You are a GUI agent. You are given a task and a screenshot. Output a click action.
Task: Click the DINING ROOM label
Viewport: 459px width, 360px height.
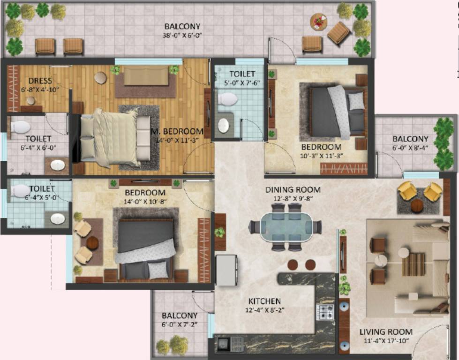click(293, 190)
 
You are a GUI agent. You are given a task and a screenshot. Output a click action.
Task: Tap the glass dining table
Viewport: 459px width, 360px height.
click(286, 227)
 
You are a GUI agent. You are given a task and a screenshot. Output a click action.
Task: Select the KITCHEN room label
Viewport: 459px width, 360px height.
click(265, 301)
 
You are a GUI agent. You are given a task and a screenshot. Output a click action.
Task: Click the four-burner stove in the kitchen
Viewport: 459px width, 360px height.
click(325, 312)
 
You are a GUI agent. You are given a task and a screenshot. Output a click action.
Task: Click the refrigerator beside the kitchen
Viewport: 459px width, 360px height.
click(226, 270)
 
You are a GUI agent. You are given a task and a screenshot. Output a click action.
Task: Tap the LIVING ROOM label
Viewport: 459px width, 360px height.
click(386, 332)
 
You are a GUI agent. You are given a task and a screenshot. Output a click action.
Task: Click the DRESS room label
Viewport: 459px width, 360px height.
click(40, 81)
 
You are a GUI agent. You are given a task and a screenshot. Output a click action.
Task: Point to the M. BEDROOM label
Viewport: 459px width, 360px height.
click(177, 131)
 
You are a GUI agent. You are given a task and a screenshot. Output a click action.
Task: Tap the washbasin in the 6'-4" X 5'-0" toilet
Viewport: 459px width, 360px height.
click(58, 219)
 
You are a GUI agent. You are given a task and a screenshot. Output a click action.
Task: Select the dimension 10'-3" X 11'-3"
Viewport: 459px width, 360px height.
click(322, 155)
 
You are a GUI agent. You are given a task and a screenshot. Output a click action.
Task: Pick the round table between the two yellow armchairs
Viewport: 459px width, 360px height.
click(417, 205)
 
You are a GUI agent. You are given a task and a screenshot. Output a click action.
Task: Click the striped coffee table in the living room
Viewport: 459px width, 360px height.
click(413, 264)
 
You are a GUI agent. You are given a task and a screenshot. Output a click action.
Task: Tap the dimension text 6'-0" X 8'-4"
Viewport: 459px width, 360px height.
click(411, 148)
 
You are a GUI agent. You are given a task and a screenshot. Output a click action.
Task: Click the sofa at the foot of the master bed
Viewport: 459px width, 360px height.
click(146, 75)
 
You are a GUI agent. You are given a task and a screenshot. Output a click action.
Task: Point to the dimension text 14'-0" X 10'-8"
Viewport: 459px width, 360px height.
click(145, 202)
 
